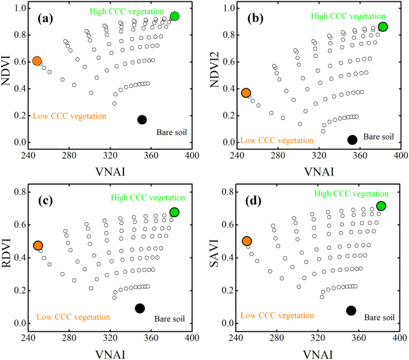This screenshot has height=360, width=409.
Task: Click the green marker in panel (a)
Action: pos(174,16)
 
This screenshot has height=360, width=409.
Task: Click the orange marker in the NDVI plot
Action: pos(37,61)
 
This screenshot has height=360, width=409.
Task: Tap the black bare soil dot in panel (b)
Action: pos(352,140)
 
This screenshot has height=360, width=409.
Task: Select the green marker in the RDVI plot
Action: pos(174,213)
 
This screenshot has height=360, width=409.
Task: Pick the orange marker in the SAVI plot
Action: pos(247,241)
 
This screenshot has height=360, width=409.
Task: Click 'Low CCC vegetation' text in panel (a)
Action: pos(69,115)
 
